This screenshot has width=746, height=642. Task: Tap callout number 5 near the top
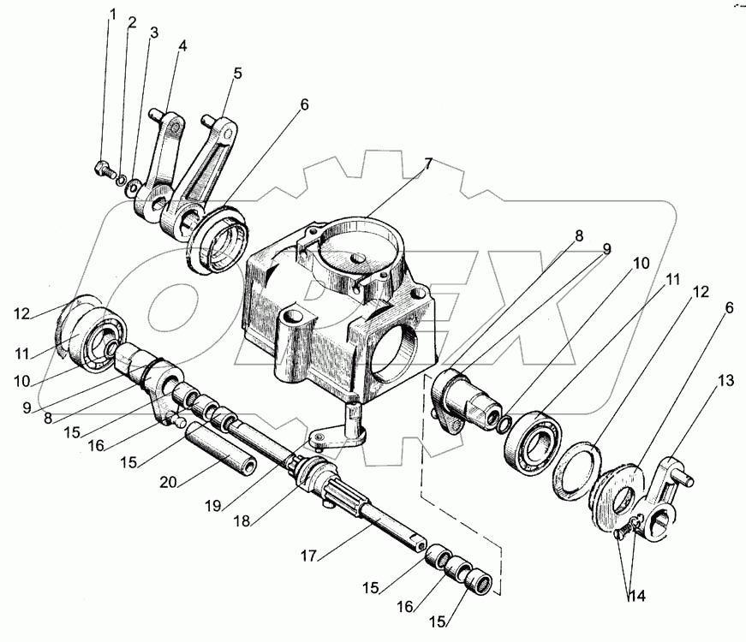(x=237, y=74)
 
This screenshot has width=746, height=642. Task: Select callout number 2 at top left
(x=131, y=24)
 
